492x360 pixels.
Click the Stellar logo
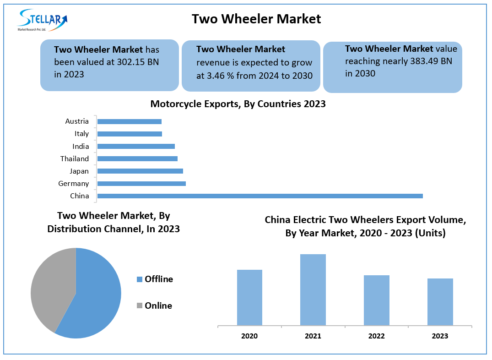click(42, 20)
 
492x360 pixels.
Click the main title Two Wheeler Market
click(256, 19)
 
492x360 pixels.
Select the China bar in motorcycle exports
click(260, 196)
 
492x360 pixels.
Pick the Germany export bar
click(141, 184)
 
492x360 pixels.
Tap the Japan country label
click(79, 171)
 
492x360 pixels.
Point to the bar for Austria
click(130, 121)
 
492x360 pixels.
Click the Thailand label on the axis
click(75, 159)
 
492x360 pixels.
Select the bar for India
click(136, 147)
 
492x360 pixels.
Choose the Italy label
click(82, 134)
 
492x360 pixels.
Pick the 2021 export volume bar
click(313, 290)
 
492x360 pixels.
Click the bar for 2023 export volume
click(440, 302)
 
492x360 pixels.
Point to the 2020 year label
click(249, 336)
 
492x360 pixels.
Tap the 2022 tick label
click(376, 336)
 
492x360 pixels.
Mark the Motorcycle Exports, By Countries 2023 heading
click(238, 104)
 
